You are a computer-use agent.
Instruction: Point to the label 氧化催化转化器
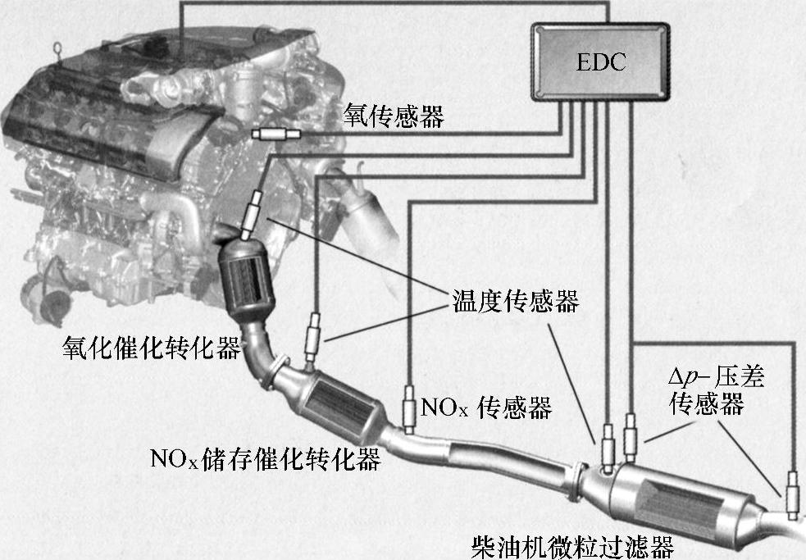[152, 348]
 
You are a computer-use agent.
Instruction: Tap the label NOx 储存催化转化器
[265, 459]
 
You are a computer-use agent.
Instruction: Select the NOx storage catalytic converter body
[339, 403]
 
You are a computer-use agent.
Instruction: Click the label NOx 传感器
[485, 406]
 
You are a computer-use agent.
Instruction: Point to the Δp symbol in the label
[682, 378]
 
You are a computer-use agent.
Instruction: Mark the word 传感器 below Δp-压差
[706, 404]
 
